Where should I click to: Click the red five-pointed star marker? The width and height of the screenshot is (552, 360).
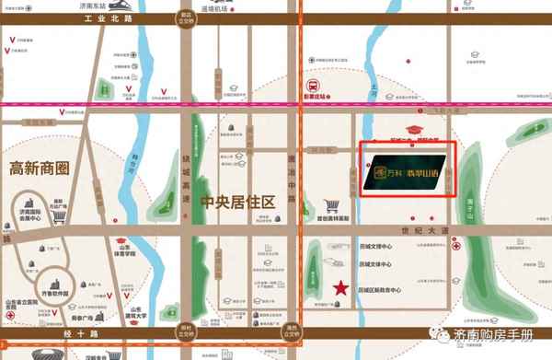342,287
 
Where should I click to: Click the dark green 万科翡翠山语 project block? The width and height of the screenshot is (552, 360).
406,170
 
